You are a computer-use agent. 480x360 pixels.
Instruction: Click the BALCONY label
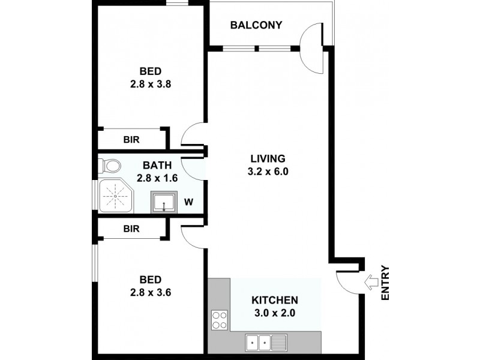click(256, 25)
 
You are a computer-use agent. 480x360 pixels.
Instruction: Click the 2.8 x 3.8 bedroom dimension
click(151, 85)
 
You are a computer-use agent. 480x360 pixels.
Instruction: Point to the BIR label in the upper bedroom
click(131, 140)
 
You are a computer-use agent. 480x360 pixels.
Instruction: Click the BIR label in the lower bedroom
click(131, 229)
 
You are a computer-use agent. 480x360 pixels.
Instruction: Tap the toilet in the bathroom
click(110, 165)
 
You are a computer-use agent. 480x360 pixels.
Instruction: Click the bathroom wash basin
click(163, 202)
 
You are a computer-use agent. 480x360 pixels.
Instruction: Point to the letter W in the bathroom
click(188, 202)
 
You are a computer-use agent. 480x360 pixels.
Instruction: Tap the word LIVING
click(267, 158)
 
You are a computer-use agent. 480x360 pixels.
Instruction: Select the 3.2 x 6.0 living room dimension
click(267, 171)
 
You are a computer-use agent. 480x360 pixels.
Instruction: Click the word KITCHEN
click(274, 300)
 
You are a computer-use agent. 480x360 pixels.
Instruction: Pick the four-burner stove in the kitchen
click(219, 319)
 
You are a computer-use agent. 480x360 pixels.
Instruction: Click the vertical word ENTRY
click(385, 283)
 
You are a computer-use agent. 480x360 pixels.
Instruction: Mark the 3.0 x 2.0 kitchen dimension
click(274, 313)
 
